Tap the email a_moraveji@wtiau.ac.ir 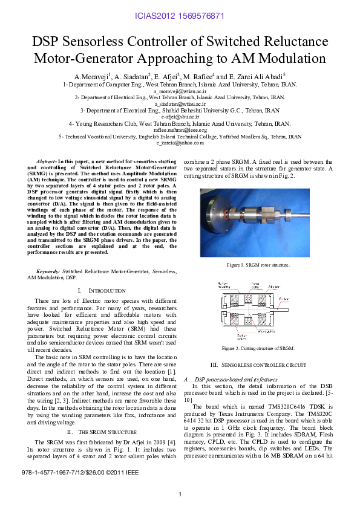coord(180,91)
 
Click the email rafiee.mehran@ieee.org coord(180,130)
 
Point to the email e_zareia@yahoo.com coord(180,143)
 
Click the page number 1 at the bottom coord(180,494)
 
